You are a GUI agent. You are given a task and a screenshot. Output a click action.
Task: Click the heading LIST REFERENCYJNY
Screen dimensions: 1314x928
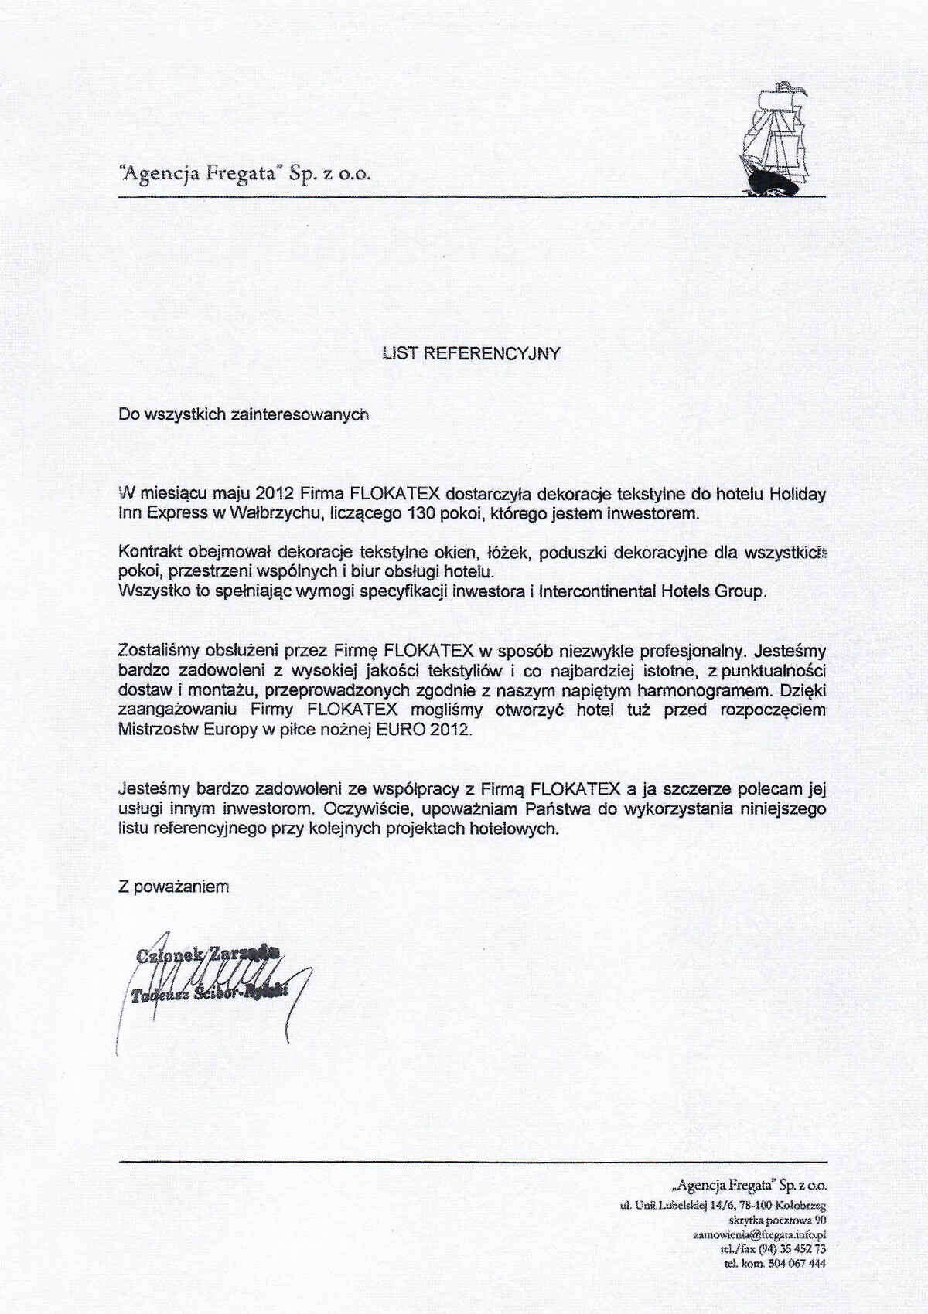[471, 353]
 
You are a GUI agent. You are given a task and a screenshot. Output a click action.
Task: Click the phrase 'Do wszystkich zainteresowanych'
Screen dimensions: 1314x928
[244, 414]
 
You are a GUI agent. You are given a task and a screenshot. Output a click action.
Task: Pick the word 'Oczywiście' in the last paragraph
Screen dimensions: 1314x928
[360, 808]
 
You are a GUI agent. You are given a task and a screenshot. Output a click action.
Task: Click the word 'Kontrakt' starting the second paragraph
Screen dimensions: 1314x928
[148, 552]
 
